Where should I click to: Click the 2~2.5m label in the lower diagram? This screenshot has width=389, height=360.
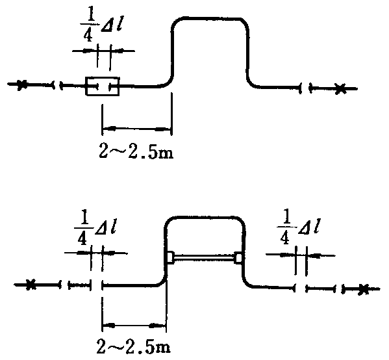point(134,346)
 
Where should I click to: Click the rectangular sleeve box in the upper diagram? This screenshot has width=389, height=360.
point(102,86)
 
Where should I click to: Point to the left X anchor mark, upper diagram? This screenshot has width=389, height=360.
point(21,84)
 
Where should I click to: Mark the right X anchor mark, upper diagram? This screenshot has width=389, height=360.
point(340,88)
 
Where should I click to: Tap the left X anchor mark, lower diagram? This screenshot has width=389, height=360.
point(31,285)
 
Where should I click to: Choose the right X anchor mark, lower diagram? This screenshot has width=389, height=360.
point(364,289)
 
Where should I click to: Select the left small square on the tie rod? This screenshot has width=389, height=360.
point(170,257)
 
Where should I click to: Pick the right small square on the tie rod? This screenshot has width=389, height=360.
point(238,258)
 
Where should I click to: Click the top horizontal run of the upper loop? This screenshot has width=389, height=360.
point(208,19)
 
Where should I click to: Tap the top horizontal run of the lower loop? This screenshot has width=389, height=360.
point(205,218)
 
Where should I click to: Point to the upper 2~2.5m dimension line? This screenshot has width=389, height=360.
point(136,129)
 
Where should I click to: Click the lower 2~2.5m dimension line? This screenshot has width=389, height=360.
point(134,325)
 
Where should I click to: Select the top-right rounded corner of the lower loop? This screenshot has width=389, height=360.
point(241,221)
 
